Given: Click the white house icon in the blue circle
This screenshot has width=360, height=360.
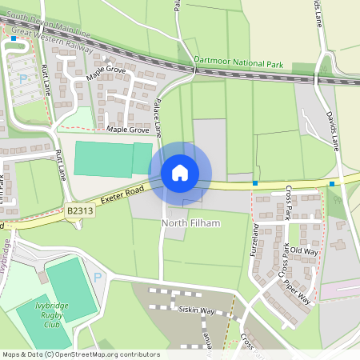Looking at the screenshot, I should pos(180,173).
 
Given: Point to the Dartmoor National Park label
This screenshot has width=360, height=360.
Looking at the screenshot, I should pos(239,60).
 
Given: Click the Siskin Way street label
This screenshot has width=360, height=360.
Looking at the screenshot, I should pos(197,310).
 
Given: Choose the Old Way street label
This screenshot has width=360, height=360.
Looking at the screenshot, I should pos(303,251).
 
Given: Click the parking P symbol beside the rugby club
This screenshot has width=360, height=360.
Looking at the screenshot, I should pos(98,277).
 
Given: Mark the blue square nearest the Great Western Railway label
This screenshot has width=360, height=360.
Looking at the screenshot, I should pos(14,38).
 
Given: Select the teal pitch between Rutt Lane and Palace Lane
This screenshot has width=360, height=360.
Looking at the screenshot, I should pos(112,158).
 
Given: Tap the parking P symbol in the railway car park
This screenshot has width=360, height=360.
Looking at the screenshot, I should pos(22,78).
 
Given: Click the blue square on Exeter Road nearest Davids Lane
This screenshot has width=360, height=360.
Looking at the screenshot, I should pos(331,184).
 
